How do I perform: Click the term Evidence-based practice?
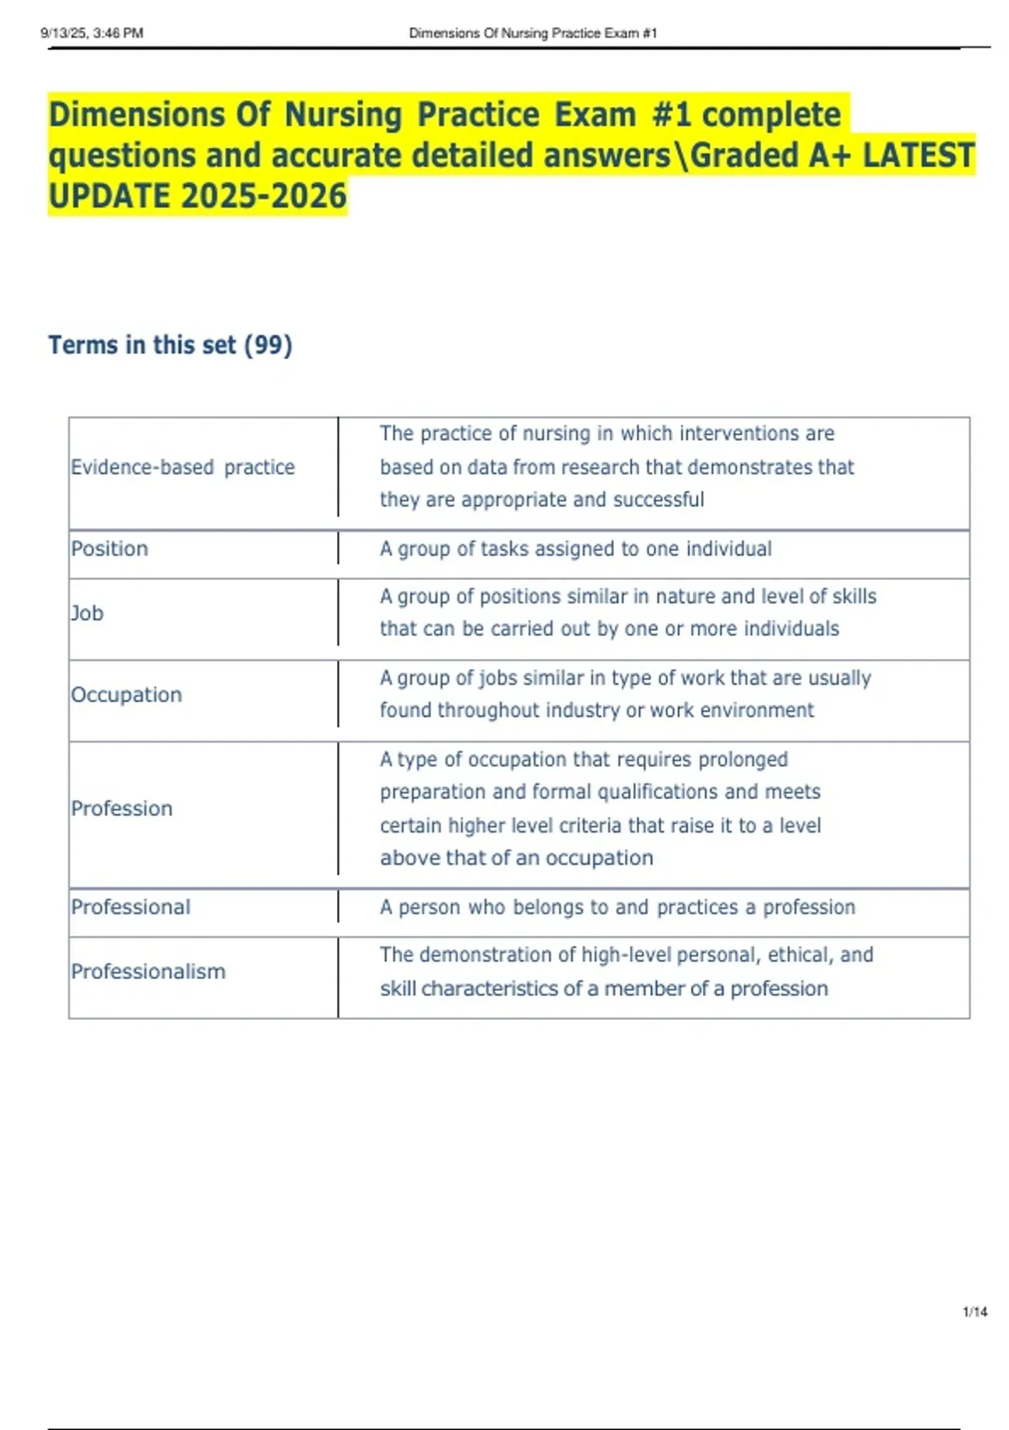click(182, 467)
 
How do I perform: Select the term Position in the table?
click(109, 548)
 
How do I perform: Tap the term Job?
click(87, 613)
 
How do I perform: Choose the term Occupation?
click(126, 695)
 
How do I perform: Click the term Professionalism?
click(148, 972)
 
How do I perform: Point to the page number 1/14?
click(975, 1311)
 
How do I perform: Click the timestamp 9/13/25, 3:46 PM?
click(92, 33)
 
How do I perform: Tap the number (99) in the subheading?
click(267, 345)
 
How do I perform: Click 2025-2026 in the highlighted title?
click(263, 196)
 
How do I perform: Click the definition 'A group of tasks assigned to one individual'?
click(575, 549)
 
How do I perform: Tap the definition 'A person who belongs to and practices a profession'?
click(617, 907)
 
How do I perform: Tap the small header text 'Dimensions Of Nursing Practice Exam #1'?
click(532, 33)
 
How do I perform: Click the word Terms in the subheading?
click(83, 345)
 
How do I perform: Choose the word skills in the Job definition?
click(853, 596)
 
